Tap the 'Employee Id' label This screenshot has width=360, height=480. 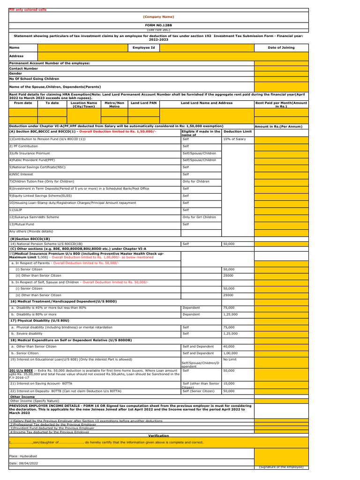pos(143,47)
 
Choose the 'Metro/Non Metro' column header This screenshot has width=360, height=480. pos(114,105)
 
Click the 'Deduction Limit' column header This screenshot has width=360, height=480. pos(237,132)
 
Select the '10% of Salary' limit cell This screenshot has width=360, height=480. pos(233,139)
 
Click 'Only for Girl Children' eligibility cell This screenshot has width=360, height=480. pos(199,217)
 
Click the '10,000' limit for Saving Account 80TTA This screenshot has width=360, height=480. pos(228,383)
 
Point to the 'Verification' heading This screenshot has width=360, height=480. pos(158,435)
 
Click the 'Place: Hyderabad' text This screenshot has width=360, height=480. pos(24,455)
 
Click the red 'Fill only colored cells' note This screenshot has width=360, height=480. pos(28,9)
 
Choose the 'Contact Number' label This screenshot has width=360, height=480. pos(23,68)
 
